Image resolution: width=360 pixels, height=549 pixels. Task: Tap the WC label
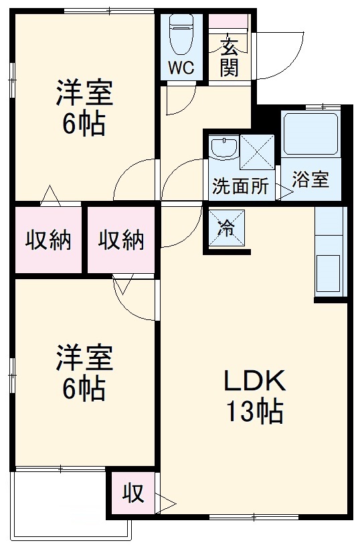pos(180,68)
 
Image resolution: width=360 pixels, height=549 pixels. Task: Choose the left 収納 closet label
pos(48,240)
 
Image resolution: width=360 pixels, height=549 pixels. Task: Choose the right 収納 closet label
pos(121,240)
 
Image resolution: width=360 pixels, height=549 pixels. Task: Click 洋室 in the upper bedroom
pos(84,94)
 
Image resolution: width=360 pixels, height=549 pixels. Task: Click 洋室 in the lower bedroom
pos(84,358)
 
